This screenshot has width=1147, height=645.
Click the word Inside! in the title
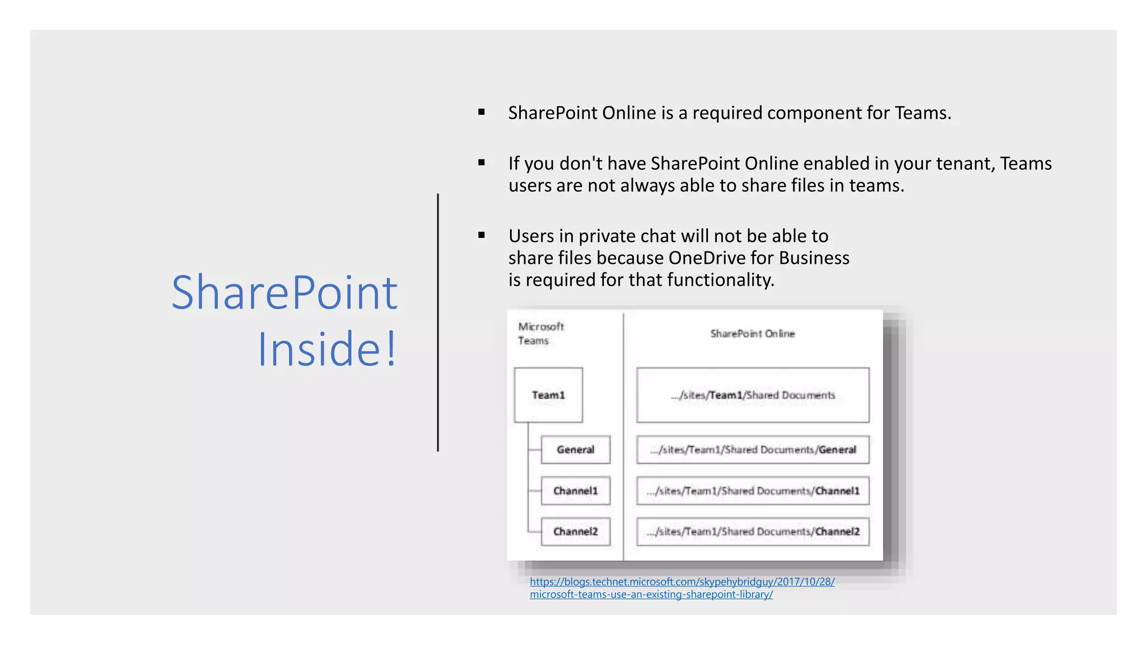327,349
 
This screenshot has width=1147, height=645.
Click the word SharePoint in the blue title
285,292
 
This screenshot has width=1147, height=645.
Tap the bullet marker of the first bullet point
481,113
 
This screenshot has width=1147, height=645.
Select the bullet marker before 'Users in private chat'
481,236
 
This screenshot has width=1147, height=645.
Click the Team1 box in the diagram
548,395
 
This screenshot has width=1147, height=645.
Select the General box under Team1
575,450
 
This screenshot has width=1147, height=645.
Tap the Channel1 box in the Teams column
575,491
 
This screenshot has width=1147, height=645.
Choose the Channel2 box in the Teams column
575,531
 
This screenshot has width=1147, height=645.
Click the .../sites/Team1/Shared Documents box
753,395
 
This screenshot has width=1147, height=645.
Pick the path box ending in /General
753,450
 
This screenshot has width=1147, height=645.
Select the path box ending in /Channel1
753,491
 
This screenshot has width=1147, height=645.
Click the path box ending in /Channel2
753,531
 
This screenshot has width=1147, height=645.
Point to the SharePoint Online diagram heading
752,334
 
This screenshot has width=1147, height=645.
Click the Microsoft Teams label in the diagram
540,334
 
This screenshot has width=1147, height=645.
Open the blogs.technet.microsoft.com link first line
682,582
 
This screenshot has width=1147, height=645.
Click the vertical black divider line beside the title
438,322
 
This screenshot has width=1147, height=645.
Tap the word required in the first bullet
728,113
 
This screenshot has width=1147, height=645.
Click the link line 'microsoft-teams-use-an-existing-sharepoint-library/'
651,595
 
